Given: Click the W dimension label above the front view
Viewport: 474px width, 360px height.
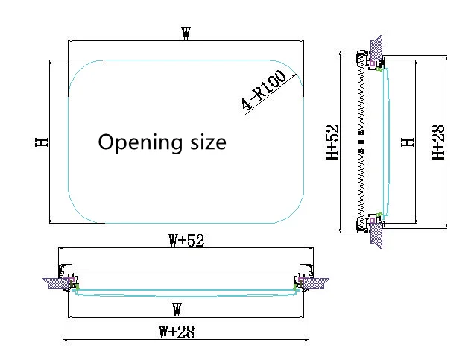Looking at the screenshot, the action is pos(186,33).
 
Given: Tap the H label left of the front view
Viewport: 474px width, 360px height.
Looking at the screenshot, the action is pos(42,142).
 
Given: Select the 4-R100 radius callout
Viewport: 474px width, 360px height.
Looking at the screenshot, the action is pos(264,89).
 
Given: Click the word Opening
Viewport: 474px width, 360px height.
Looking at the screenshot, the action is pos(140,142).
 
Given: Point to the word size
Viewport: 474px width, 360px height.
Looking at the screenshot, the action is pos(208,142).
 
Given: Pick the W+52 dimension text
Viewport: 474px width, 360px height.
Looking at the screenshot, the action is pos(186,241).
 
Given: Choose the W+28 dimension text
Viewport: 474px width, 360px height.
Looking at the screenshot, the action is pos(177,332).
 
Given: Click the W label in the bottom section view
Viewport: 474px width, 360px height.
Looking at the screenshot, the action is pos(177,309).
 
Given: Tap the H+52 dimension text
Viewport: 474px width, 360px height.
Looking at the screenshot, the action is pos(332,142).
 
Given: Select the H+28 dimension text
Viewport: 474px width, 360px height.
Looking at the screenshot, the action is pos(438,142).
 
